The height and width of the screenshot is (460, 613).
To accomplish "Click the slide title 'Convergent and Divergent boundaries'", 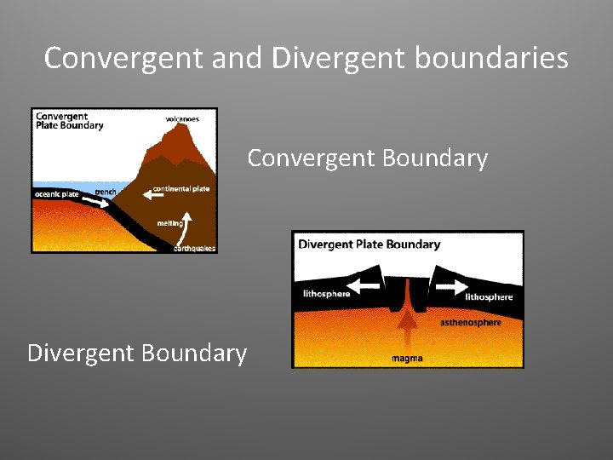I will point(306,58).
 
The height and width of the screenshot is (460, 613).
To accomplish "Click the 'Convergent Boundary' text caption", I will point(367,158).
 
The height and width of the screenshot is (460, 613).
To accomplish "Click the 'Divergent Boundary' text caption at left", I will point(137,353).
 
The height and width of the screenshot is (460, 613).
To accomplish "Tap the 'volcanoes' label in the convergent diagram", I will point(182,118).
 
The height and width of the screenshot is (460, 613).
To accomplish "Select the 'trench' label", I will point(106,192).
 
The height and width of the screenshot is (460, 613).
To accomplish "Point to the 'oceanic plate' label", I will point(57,195).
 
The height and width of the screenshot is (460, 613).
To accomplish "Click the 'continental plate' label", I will point(181,188).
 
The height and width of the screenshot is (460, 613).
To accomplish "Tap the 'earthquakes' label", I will point(195,249).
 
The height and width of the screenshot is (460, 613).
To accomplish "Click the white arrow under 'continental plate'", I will point(154,195).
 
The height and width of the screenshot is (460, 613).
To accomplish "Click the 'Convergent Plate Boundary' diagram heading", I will point(69,121).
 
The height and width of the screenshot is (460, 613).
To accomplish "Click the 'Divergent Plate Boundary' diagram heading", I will point(370,244).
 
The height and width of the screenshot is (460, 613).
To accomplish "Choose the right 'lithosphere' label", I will point(489,297).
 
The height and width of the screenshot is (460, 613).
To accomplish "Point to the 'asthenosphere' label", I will point(471,323).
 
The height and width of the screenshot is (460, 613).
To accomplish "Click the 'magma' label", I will point(407,359).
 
